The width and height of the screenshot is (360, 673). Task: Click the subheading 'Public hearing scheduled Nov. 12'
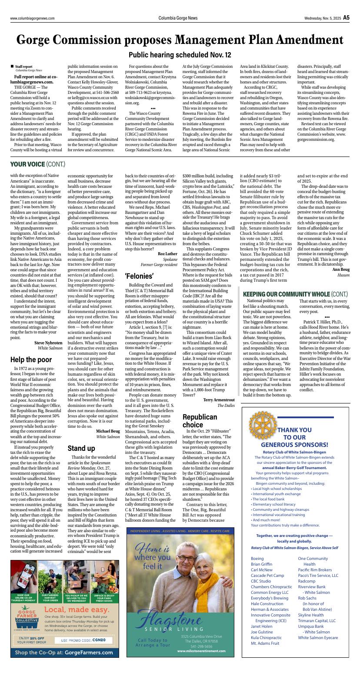(x=180, y=55)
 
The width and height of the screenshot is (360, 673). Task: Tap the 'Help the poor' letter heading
(x=31, y=360)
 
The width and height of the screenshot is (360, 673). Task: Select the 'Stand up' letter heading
(x=81, y=448)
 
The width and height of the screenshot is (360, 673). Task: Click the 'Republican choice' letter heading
(x=200, y=421)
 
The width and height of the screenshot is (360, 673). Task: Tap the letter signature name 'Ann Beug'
(x=340, y=270)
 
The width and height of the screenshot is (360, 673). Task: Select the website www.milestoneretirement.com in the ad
(x=201, y=651)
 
